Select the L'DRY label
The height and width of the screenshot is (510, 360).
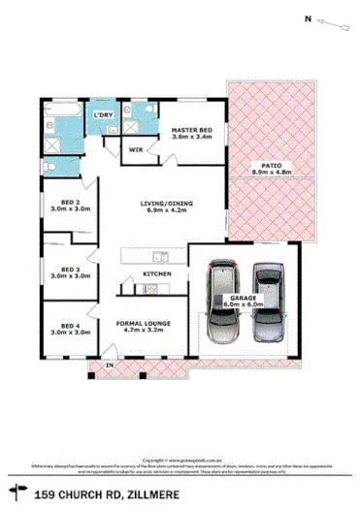[x=104, y=117]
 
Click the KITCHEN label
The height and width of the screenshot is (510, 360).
[x=157, y=274]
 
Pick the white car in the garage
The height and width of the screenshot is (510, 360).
[x=219, y=300]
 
